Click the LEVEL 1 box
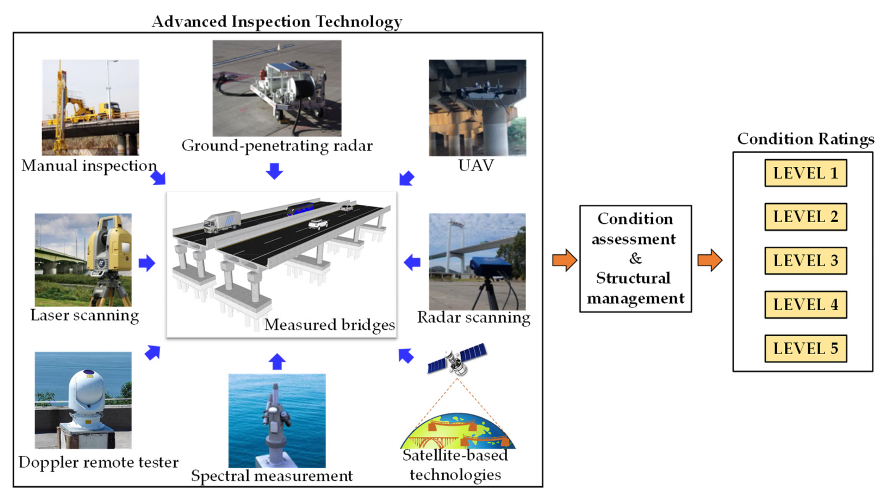point(805,173)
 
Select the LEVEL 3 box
point(805,261)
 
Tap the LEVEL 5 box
point(805,349)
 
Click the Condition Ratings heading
point(805,139)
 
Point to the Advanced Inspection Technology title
point(277,22)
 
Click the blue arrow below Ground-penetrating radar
point(274,171)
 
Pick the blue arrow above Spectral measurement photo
point(277,362)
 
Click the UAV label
point(476,165)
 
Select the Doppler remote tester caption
point(98,462)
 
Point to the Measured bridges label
point(329,325)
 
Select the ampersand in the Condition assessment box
point(635,258)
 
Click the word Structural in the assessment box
point(633,278)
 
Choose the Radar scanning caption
point(473,318)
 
